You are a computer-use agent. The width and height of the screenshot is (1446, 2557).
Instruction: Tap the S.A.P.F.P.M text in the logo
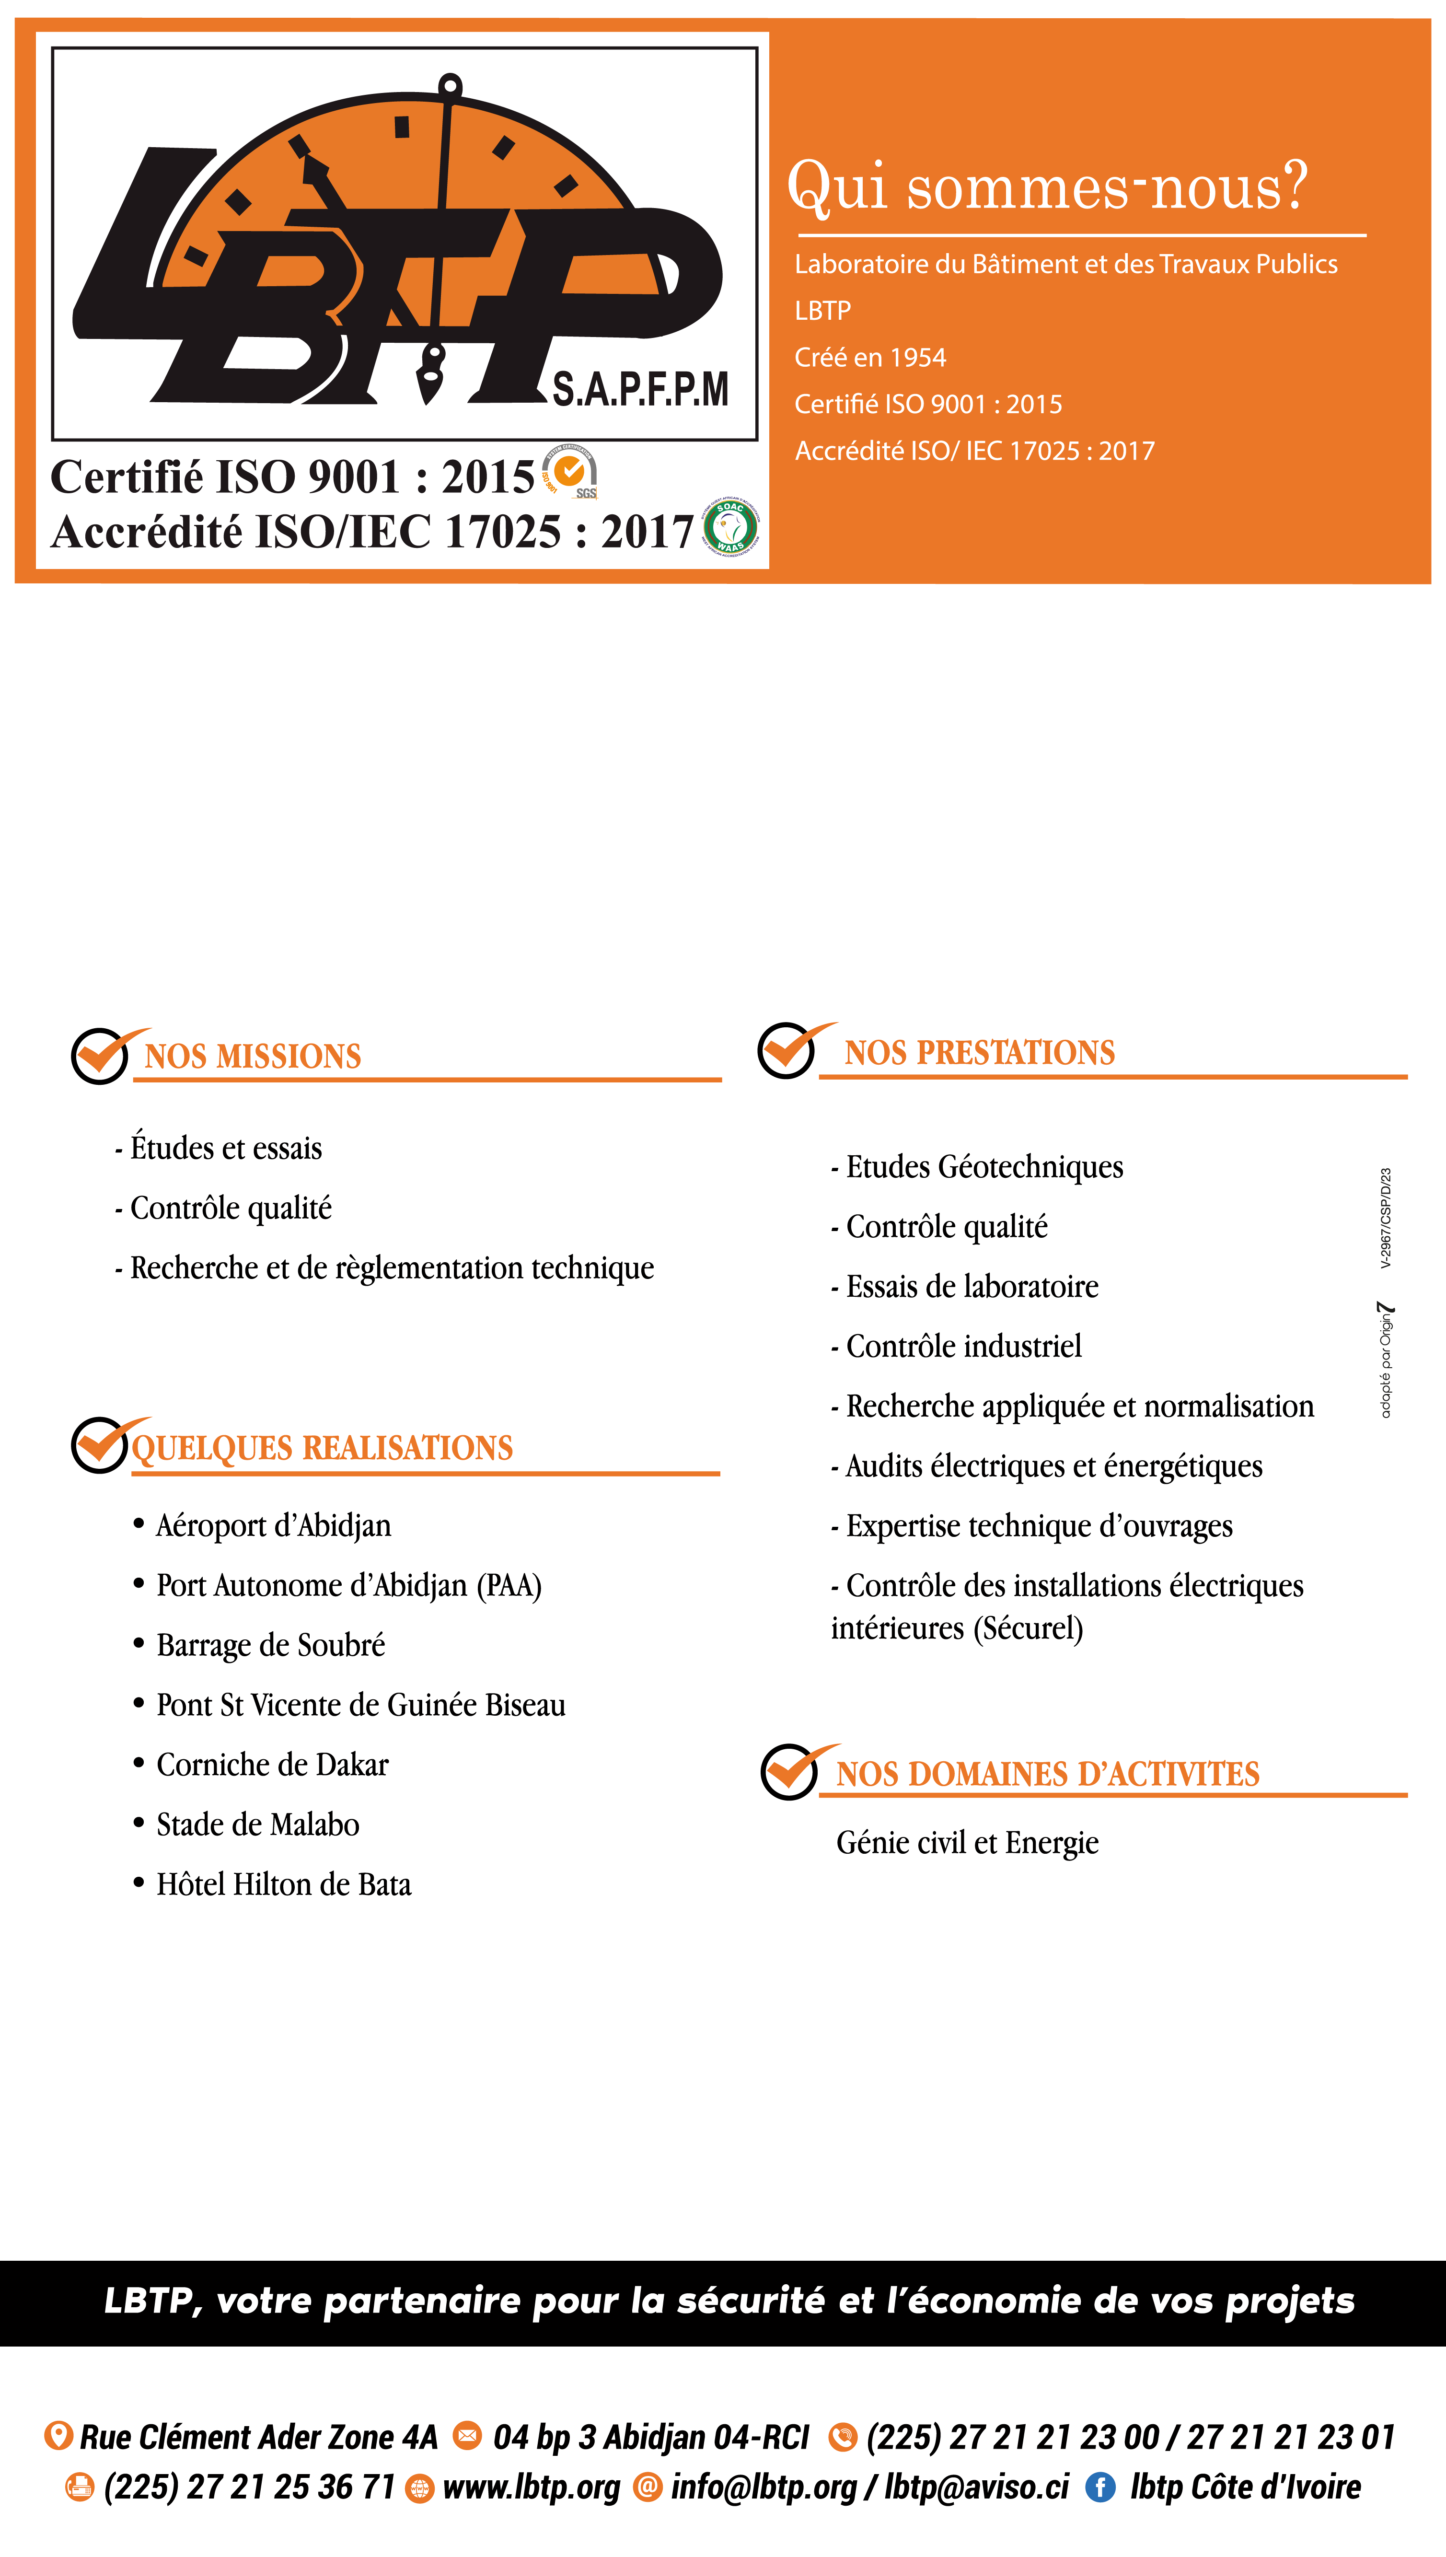click(x=641, y=389)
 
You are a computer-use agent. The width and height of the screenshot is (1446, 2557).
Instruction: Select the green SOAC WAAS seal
click(x=731, y=526)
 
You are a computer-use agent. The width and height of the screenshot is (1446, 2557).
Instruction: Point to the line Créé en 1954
click(x=870, y=358)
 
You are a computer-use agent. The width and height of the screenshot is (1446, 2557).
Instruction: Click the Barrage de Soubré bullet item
click(x=270, y=1645)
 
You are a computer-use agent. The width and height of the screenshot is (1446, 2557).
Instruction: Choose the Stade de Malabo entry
click(x=257, y=1825)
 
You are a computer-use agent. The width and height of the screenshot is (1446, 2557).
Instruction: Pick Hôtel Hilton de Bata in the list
click(x=283, y=1885)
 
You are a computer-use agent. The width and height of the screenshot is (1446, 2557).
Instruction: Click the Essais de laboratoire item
click(x=972, y=1287)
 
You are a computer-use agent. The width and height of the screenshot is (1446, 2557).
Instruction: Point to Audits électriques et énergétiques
click(x=1053, y=1467)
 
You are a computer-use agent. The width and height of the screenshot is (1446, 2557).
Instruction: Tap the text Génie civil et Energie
click(x=967, y=1843)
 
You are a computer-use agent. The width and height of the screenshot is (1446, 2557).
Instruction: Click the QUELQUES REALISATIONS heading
click(x=322, y=1448)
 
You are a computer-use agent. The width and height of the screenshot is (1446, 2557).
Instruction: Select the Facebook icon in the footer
click(x=1099, y=2487)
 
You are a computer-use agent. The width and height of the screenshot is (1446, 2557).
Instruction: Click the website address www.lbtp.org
click(x=532, y=2487)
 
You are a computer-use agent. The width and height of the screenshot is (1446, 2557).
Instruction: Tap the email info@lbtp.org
click(x=763, y=2487)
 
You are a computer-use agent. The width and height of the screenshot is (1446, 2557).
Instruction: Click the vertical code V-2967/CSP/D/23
click(x=1386, y=1219)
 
